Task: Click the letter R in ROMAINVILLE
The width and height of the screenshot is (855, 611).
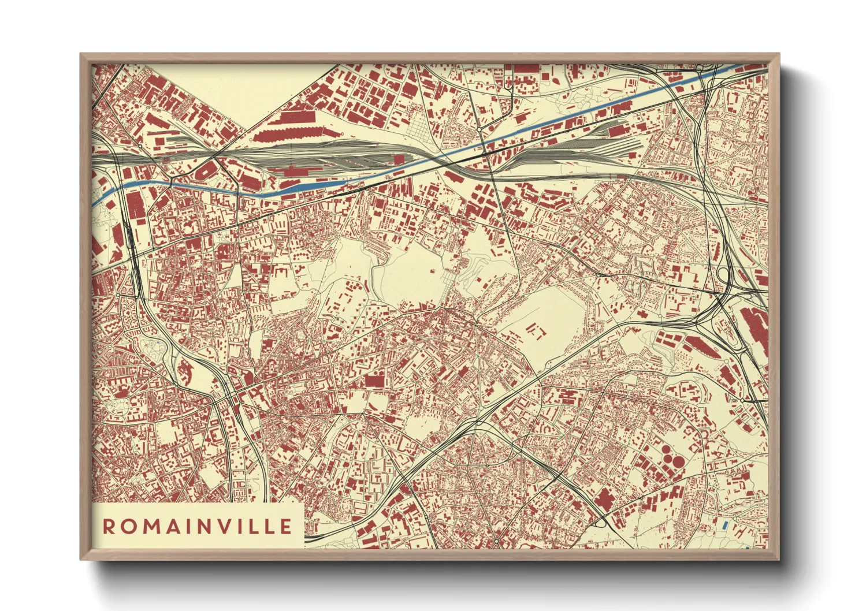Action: [108, 527]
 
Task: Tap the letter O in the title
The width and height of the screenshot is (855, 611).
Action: [129, 527]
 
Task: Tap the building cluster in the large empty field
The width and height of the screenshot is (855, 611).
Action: [535, 331]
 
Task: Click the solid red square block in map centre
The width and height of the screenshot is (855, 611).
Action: [376, 381]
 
